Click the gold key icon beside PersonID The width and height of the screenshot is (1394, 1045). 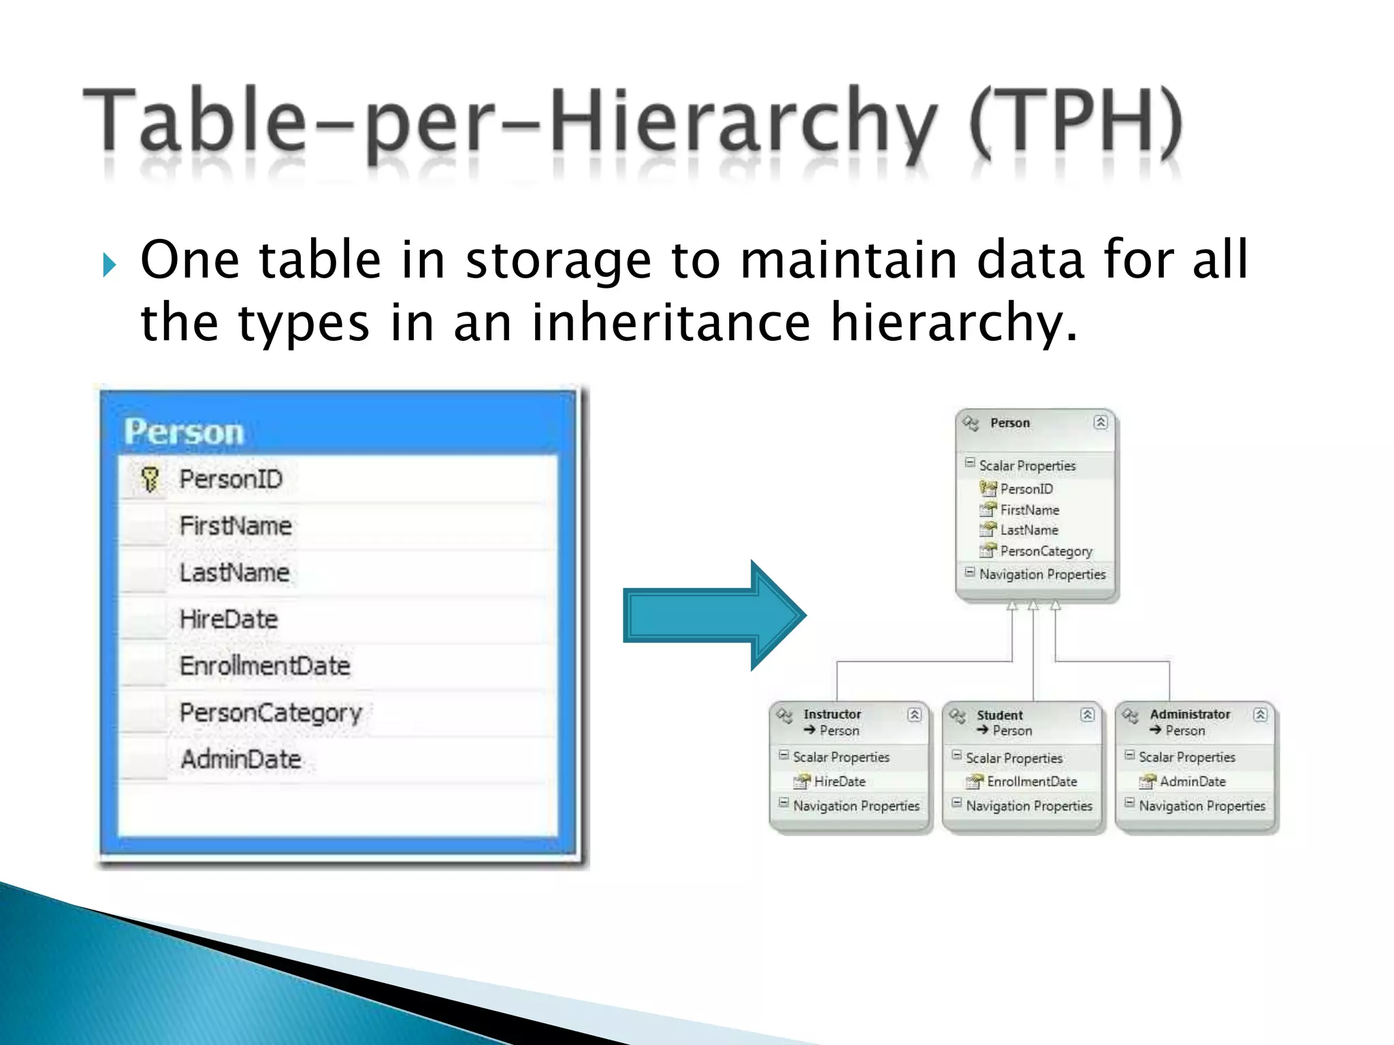[150, 479]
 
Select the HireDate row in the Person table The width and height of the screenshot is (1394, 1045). [229, 619]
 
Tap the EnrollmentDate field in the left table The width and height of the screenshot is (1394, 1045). [265, 665]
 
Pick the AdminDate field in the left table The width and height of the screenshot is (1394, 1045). [241, 759]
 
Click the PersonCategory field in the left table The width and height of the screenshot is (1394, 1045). [270, 713]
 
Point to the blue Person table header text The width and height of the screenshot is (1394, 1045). [184, 432]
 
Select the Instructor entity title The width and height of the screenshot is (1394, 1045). [832, 714]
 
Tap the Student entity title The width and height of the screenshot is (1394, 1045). [999, 715]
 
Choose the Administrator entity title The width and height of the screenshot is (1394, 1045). [1190, 714]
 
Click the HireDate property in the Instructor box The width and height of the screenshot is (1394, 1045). [839, 782]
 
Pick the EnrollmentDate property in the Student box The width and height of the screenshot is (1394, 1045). [1032, 782]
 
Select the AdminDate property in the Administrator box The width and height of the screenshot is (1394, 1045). [1193, 782]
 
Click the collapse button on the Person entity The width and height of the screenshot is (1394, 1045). [1100, 422]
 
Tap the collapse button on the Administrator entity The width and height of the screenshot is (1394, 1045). [1260, 714]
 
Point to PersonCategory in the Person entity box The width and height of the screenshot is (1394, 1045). [1046, 551]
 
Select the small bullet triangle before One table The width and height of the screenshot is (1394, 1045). [109, 265]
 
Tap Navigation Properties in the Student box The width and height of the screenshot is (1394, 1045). [1028, 806]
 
